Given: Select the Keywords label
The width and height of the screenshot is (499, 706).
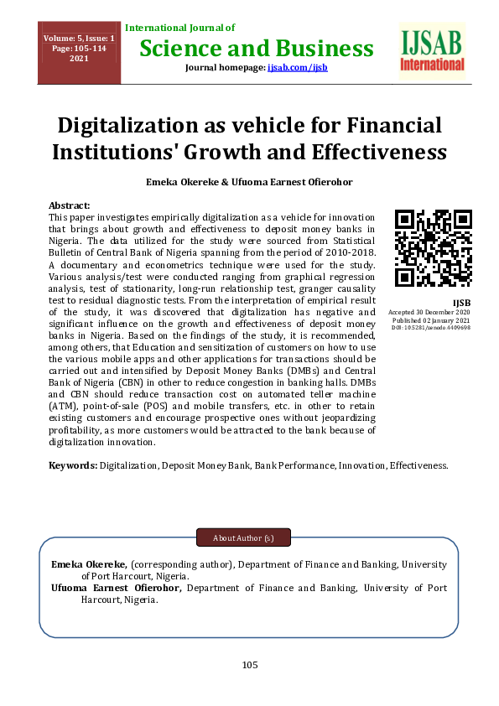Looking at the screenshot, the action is (x=73, y=465).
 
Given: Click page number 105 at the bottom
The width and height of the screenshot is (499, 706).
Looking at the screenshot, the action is (x=249, y=665).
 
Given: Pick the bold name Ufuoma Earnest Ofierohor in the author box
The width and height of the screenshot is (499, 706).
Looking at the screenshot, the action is (x=116, y=589).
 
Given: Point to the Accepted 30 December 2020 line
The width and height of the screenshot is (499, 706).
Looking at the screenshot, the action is (x=429, y=312).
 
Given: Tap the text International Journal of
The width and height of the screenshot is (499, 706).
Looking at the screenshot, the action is (x=180, y=29).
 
